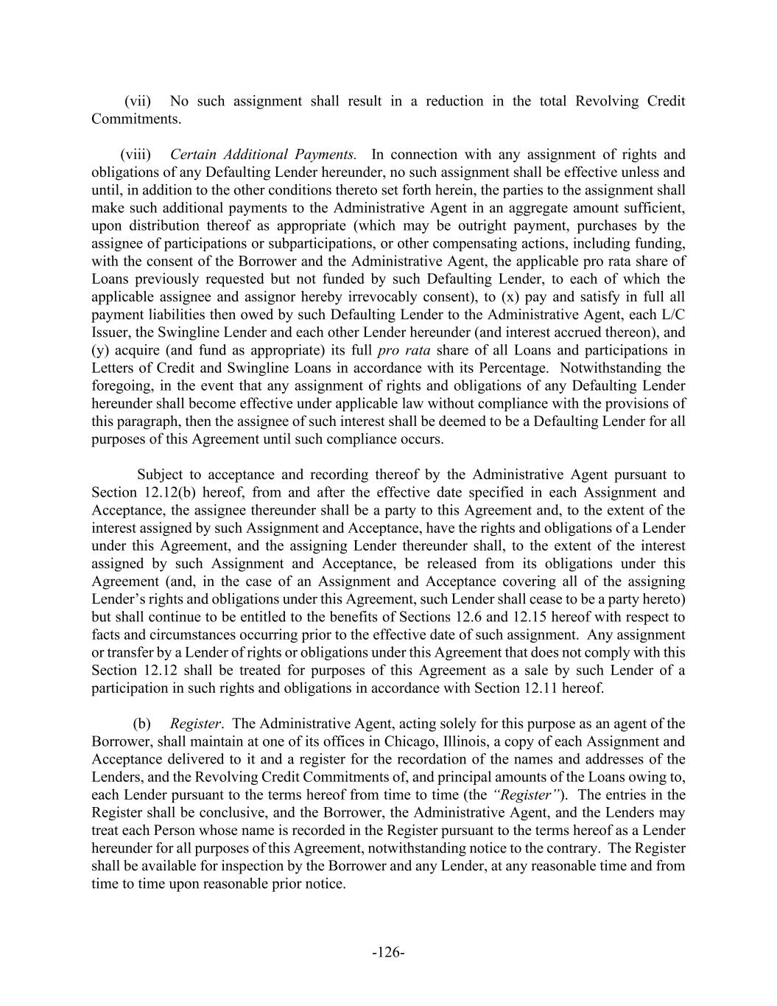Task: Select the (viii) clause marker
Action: (x=136, y=154)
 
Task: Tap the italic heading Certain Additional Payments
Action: (x=263, y=154)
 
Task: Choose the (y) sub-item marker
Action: (x=99, y=350)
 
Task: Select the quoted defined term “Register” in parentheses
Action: (x=523, y=794)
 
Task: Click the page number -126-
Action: (x=388, y=953)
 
